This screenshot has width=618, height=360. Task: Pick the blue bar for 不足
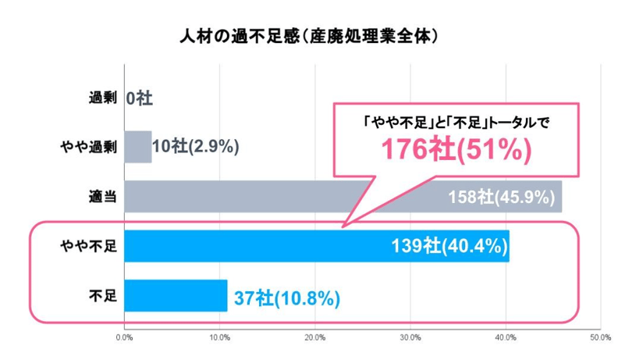coord(176,295)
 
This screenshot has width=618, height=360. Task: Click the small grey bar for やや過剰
coord(137,147)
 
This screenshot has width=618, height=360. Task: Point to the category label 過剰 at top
coord(103,98)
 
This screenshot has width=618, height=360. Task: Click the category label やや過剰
coord(88,148)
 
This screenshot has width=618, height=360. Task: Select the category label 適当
coord(103,197)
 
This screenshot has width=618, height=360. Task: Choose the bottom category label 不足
coord(103,296)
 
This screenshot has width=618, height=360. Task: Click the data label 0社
coord(140,98)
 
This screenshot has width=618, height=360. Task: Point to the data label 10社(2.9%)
coord(195,147)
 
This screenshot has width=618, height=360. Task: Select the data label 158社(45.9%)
coord(504,197)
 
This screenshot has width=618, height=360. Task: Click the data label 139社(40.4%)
coord(451,247)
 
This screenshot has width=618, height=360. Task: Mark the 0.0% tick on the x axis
coord(124,338)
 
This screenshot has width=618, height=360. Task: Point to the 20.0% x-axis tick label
coord(314,338)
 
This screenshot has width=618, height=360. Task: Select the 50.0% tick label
coord(599,338)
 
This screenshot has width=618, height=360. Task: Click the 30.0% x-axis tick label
coord(410,338)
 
